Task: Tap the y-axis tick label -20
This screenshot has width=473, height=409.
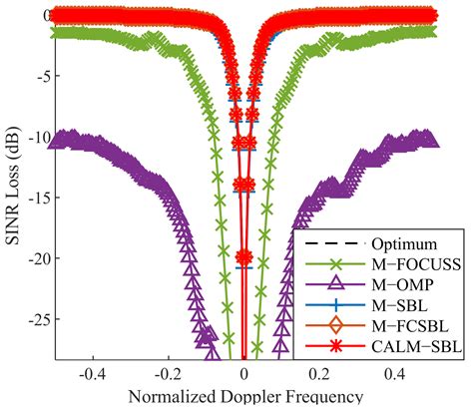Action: (29, 259)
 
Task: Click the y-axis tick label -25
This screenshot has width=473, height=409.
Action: (29, 320)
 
